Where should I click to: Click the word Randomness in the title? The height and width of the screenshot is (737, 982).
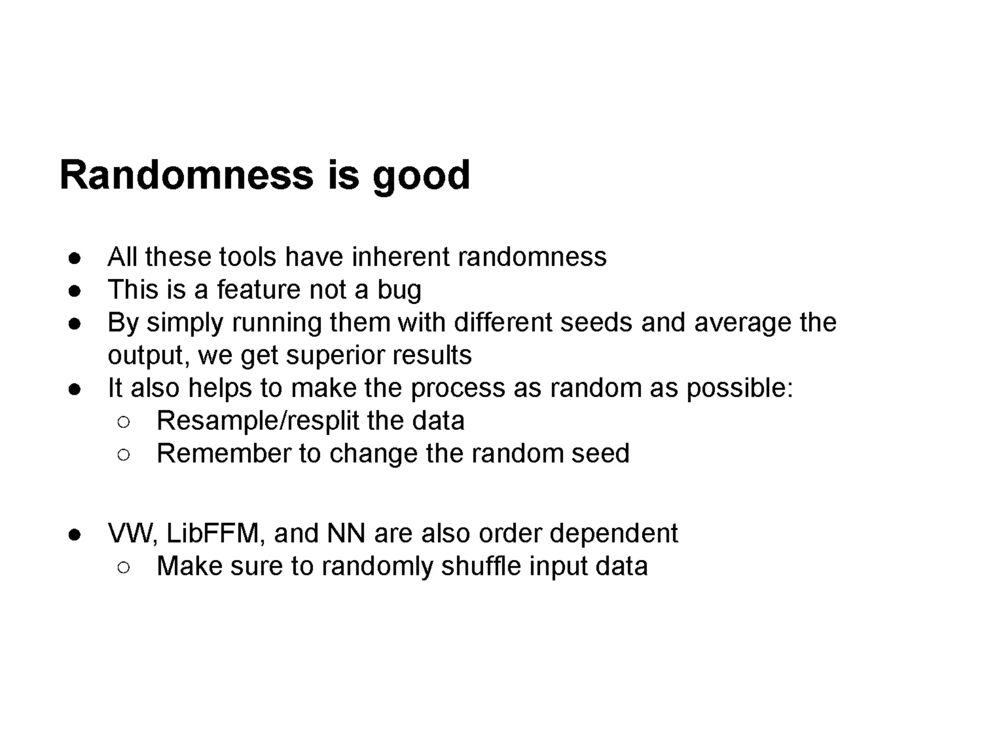tap(187, 175)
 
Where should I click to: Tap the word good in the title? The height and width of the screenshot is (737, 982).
tap(421, 177)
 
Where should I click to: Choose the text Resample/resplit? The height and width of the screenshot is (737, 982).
tap(258, 421)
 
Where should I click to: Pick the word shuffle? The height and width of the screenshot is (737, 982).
tap(481, 566)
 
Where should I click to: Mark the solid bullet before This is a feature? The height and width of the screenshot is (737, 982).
tap(74, 291)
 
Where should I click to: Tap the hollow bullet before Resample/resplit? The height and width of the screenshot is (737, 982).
tap(123, 422)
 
